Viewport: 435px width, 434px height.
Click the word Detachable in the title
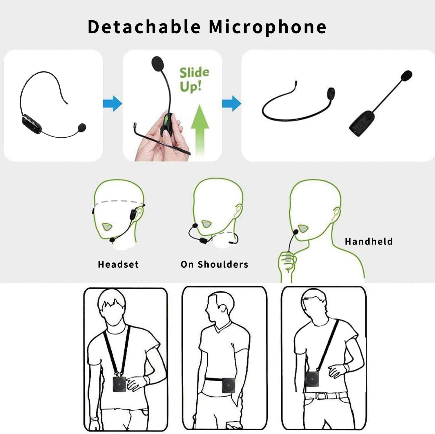(144, 27)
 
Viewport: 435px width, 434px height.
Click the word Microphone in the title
(268, 27)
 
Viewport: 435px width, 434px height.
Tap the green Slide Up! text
(194, 79)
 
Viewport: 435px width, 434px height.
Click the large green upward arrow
(200, 130)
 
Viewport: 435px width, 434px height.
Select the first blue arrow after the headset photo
(113, 103)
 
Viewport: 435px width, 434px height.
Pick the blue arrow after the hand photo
(231, 103)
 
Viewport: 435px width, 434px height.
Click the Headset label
(118, 264)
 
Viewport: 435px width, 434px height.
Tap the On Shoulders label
(214, 264)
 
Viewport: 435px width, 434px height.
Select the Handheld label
(369, 241)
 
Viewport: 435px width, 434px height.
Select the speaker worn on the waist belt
(228, 385)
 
